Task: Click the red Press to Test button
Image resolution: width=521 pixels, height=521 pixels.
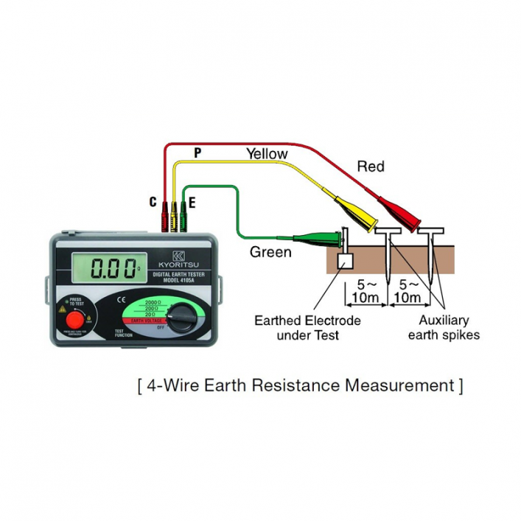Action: click(x=74, y=321)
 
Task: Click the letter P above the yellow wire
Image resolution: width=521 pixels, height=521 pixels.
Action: click(x=197, y=153)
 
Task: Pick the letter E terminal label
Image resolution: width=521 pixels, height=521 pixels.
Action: click(x=192, y=201)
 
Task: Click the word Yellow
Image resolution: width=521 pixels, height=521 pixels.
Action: click(x=267, y=153)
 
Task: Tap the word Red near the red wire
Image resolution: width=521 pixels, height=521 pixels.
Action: click(x=371, y=167)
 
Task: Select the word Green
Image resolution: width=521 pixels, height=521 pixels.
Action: click(x=270, y=252)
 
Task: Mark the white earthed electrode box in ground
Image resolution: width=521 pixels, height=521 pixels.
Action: click(x=344, y=261)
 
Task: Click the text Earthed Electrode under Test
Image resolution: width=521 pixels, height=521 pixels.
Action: click(x=307, y=328)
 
